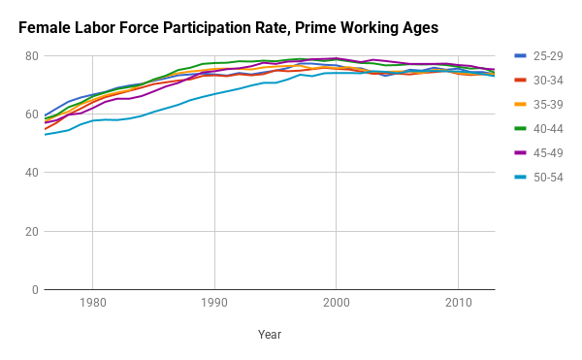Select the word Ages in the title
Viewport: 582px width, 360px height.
(420, 29)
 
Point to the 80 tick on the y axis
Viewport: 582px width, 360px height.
(32, 56)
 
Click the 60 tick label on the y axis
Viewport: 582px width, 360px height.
(32, 115)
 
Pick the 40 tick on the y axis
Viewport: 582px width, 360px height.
(32, 173)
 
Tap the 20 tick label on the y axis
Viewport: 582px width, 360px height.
(32, 232)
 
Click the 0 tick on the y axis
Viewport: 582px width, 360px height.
(35, 290)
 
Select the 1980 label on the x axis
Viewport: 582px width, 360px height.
(93, 303)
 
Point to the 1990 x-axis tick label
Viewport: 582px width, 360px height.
(214, 303)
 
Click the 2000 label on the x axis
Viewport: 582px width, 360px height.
(337, 303)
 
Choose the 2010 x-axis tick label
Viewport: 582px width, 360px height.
(459, 303)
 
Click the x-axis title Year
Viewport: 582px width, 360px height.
(270, 335)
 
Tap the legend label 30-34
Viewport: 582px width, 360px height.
(548, 81)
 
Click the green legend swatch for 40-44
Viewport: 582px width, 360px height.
(520, 129)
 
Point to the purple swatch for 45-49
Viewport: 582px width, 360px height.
(520, 153)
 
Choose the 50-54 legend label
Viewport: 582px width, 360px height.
(548, 178)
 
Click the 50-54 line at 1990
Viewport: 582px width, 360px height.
(214, 94)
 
